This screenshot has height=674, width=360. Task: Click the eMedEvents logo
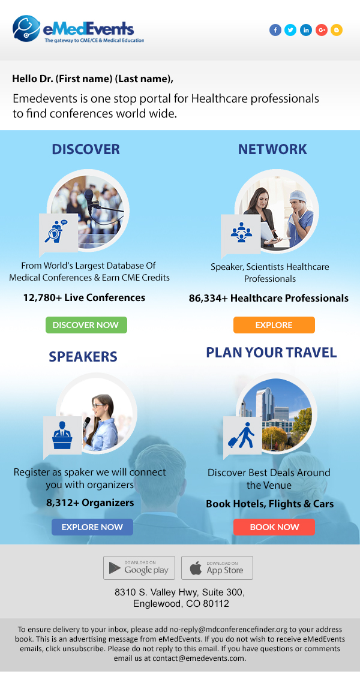(78, 29)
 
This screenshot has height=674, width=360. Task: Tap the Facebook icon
(275, 30)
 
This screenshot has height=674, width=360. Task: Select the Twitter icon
(290, 30)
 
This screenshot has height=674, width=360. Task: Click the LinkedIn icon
(306, 30)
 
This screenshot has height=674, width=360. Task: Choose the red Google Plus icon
(321, 30)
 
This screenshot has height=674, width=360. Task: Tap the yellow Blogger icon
(337, 30)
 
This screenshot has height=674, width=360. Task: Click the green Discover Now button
(86, 325)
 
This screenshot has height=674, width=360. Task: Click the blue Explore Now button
(92, 527)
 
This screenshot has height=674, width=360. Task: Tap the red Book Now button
(274, 527)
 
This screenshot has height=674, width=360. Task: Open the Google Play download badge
(139, 568)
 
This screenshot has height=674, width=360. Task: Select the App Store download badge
(217, 568)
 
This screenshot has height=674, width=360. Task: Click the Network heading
(272, 149)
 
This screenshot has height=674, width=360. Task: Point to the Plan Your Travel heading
(271, 353)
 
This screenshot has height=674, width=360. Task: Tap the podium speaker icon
(62, 435)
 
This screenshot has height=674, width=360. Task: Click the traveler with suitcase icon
(241, 435)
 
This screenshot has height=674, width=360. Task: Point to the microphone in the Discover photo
(89, 198)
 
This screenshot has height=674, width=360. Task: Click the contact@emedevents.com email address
(198, 658)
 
